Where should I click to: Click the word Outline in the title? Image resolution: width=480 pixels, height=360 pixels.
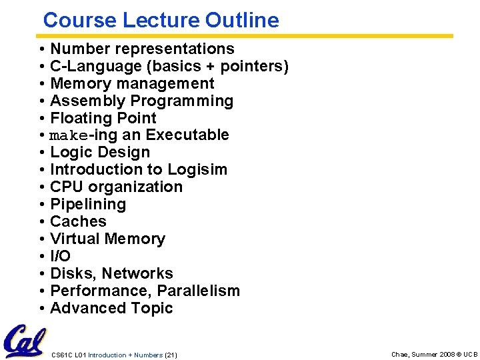click(242, 20)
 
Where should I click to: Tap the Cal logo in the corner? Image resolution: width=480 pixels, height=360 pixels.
click(25, 341)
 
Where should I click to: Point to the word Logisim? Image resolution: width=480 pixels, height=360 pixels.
click(197, 169)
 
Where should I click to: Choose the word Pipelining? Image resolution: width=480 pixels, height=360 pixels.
click(88, 204)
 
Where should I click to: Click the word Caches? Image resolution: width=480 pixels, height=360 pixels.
click(78, 221)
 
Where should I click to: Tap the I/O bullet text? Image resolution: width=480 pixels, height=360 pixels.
click(60, 256)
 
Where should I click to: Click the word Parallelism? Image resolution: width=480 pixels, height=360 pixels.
click(198, 291)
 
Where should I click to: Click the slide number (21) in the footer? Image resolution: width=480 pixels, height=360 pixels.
click(171, 355)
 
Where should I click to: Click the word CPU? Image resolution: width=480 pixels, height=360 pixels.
click(67, 187)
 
